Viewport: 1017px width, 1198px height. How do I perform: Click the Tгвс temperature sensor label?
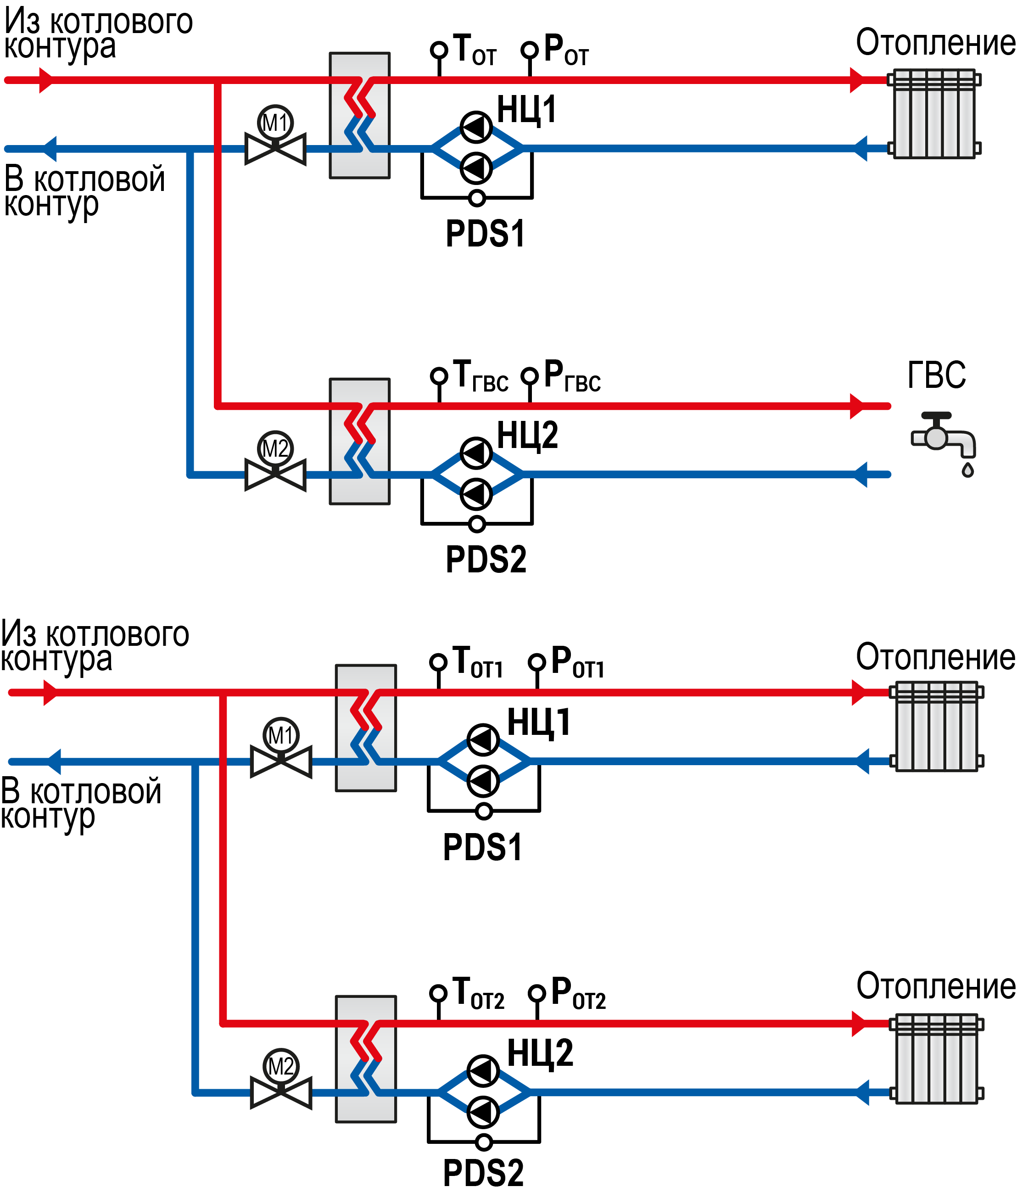point(481,376)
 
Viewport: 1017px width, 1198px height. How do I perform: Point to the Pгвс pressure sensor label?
point(572,376)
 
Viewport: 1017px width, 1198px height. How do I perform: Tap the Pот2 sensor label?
point(578,993)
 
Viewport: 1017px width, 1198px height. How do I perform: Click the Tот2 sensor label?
point(479,993)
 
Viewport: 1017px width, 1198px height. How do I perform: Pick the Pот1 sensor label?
point(578,662)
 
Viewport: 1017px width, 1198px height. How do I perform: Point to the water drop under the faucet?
point(968,470)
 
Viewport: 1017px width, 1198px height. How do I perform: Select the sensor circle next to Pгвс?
point(530,376)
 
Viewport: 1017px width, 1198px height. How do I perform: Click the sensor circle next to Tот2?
point(438,993)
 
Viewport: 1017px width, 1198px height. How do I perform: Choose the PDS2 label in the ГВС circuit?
point(486,559)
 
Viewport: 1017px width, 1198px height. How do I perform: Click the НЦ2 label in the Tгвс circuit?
point(527,435)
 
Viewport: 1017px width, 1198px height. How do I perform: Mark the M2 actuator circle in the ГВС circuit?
point(275,448)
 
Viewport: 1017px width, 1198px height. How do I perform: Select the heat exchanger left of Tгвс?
point(360,442)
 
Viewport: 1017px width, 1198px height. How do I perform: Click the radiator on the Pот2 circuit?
point(936,1058)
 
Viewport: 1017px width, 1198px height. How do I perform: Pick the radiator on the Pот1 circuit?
point(936,727)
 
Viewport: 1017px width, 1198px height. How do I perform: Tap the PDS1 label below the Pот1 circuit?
point(482,847)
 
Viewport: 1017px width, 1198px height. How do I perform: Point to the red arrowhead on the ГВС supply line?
point(858,406)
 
